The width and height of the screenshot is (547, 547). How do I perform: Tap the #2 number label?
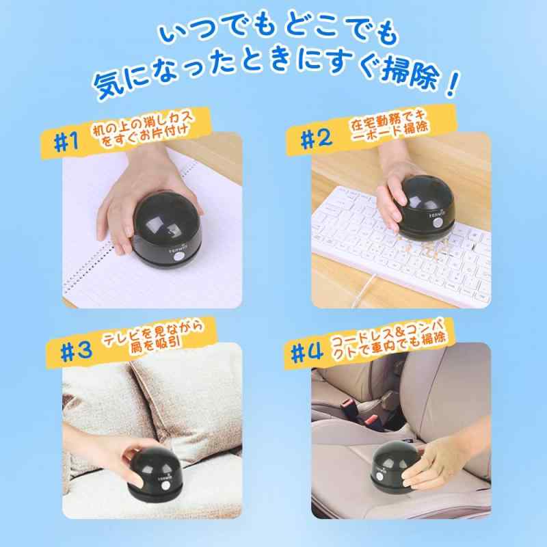(317, 139)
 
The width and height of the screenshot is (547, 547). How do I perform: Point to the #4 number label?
(306, 354)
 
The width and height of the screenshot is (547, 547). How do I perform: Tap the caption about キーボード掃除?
(389, 126)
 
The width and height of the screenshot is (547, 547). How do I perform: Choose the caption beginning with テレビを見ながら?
(154, 337)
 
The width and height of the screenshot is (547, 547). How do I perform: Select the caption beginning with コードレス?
(388, 338)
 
